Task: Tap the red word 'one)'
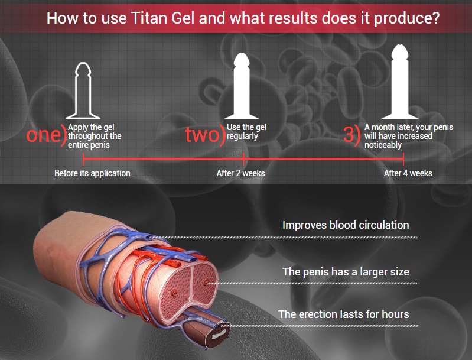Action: (46, 134)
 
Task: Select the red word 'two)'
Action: (205, 134)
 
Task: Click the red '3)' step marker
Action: (351, 134)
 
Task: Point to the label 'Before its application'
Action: (92, 173)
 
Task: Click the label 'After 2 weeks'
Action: (241, 173)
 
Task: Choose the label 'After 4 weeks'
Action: (408, 173)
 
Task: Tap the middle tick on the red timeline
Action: (243, 159)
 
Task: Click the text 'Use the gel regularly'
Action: (246, 132)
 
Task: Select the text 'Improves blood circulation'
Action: (346, 225)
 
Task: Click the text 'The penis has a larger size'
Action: (346, 272)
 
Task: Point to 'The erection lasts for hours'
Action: (343, 314)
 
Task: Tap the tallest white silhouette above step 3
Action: (400, 82)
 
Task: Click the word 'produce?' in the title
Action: (406, 18)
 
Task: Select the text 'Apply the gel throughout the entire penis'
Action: (95, 136)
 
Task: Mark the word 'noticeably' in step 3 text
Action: (383, 145)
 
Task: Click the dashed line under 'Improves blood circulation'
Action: (284, 238)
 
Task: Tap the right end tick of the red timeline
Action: (403, 159)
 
